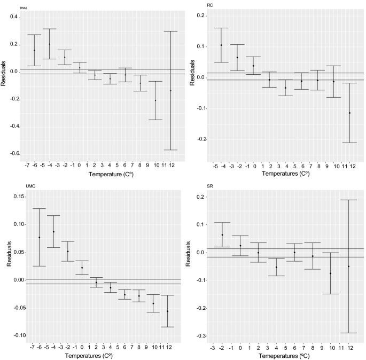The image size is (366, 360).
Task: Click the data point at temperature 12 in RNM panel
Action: [171, 91]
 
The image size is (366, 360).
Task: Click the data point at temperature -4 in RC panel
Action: [221, 45]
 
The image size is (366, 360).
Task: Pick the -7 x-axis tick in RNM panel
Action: [26, 166]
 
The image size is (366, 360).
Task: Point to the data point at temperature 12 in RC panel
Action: [349, 113]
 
